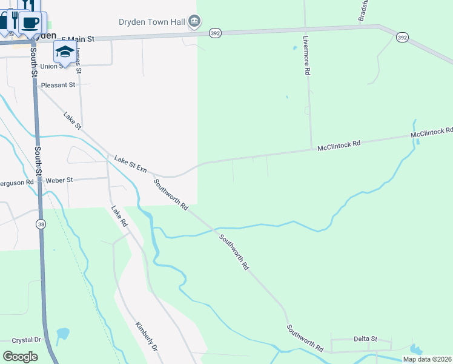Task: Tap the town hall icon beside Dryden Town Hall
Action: [x=194, y=22]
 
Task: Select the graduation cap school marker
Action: [x=65, y=51]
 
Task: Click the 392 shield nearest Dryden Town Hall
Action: [x=214, y=33]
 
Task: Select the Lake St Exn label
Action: [x=131, y=163]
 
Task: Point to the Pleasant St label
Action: [x=58, y=86]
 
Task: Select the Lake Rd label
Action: [x=119, y=217]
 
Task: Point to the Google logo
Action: [x=20, y=356]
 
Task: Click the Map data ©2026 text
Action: [x=427, y=359]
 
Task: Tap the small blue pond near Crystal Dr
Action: [x=62, y=334]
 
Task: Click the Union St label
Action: [x=51, y=66]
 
